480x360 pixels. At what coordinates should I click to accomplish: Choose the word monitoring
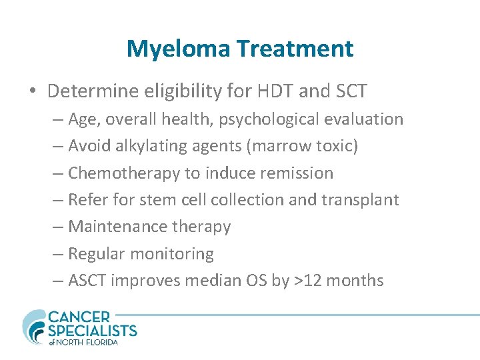(172, 254)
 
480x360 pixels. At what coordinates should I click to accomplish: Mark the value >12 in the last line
(305, 281)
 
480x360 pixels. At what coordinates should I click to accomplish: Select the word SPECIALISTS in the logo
(93, 330)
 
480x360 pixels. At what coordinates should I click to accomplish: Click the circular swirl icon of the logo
(34, 327)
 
